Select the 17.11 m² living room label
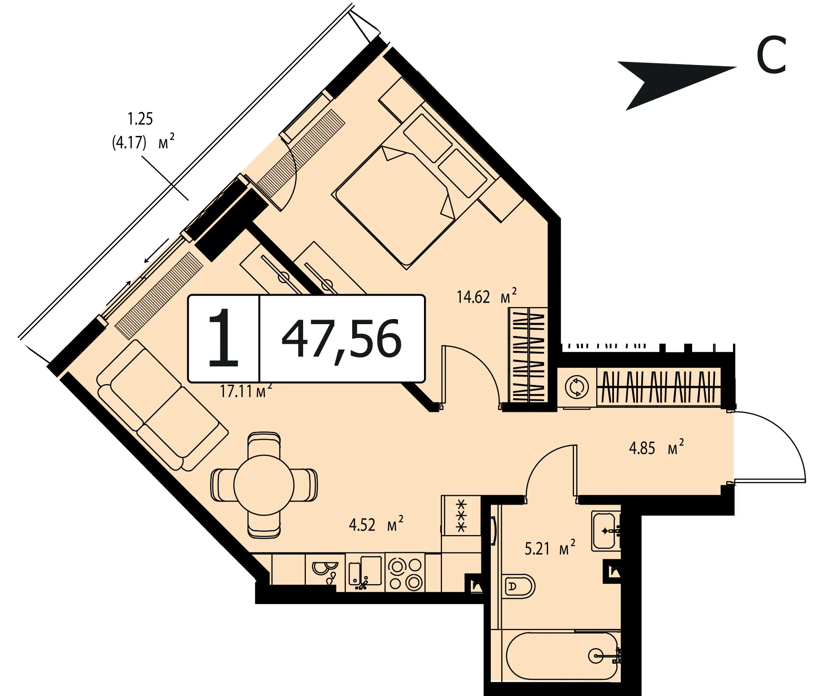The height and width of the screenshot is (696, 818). pos(246,391)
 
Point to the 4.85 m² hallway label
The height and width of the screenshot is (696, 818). pos(656,447)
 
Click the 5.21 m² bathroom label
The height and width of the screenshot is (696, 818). pos(550,548)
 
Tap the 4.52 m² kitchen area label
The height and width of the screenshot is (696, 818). pos(376,524)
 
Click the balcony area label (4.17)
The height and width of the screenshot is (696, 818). pos(130,142)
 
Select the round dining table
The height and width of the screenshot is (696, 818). pos(264,485)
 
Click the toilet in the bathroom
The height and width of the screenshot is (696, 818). pos(519,586)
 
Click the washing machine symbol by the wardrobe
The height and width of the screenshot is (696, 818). pos(577,387)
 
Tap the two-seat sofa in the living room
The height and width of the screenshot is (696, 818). pos(162,406)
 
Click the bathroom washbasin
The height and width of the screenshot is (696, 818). pos(606,531)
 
